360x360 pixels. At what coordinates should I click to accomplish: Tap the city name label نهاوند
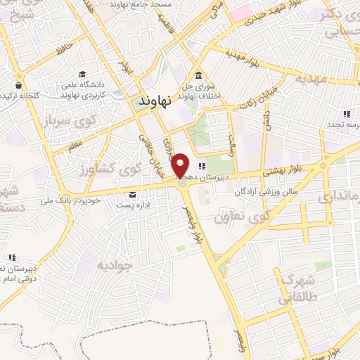(x=156, y=101)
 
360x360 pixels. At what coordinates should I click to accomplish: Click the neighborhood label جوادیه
(x=114, y=265)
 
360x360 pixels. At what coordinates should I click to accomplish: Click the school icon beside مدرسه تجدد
(x=346, y=114)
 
